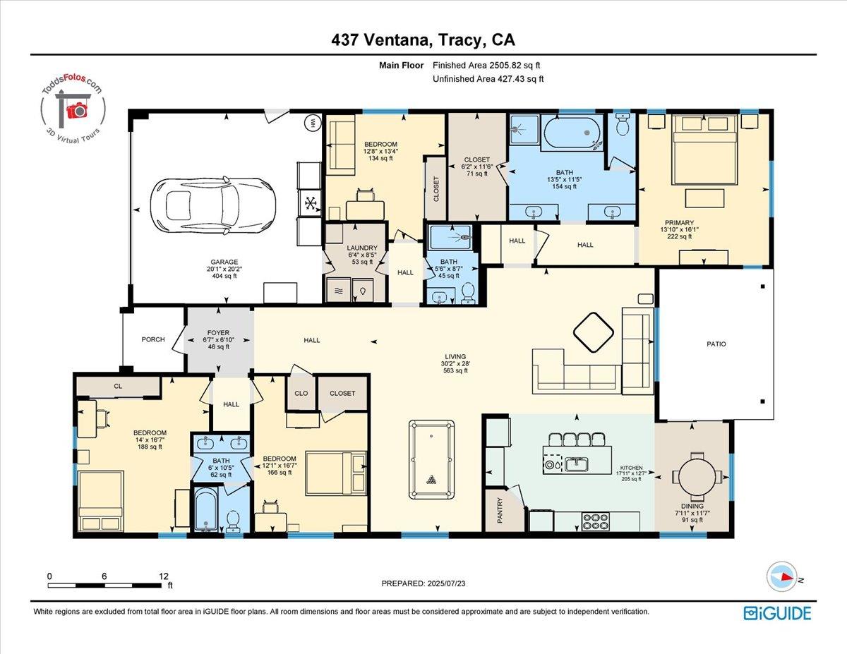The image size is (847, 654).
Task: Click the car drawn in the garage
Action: tap(213, 206)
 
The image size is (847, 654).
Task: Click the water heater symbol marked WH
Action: tap(312, 123)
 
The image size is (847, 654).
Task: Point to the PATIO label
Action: tap(716, 344)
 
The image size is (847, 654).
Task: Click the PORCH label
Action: tap(153, 339)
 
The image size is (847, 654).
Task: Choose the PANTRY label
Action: tap(500, 510)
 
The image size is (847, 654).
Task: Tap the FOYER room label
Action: tap(218, 333)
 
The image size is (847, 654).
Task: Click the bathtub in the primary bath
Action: tap(572, 133)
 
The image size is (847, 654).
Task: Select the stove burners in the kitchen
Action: tap(595, 521)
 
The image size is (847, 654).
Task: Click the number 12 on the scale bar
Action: tap(164, 576)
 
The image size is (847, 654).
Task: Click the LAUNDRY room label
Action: tap(362, 248)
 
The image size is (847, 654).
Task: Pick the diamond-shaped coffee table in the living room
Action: tap(593, 332)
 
